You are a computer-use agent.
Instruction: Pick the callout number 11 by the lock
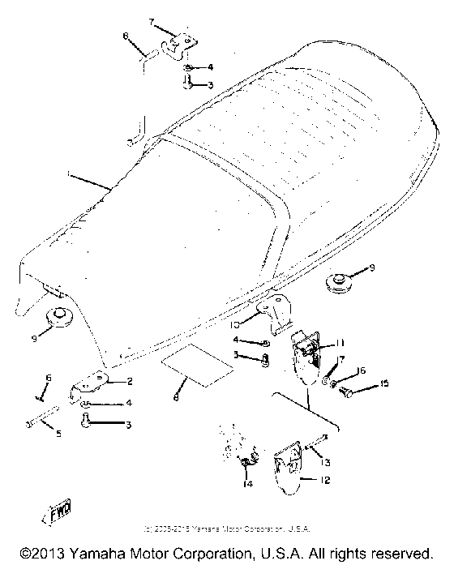[340, 343]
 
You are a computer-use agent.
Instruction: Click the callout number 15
[385, 383]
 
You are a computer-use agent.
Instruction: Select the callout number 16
[362, 370]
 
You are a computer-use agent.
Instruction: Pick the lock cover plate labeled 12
[287, 469]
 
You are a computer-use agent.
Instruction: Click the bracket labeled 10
[273, 313]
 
